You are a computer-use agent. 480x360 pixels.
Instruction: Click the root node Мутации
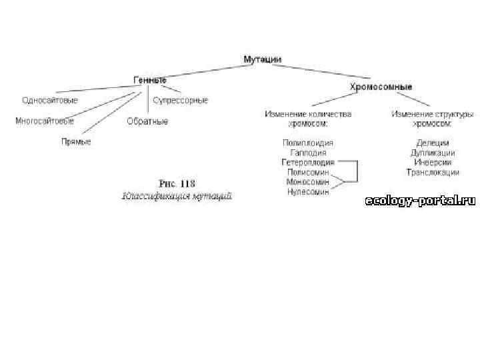pyautogui.click(x=262, y=59)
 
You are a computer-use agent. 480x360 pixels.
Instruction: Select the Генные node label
pyautogui.click(x=149, y=80)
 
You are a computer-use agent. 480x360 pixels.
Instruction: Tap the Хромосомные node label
pyautogui.click(x=381, y=87)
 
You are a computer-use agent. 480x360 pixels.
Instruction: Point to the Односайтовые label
pyautogui.click(x=49, y=101)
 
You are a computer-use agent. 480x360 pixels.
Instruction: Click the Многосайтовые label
pyautogui.click(x=45, y=121)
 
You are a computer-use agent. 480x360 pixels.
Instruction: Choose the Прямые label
pyautogui.click(x=76, y=142)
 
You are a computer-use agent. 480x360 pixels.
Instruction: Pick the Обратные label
pyautogui.click(x=147, y=122)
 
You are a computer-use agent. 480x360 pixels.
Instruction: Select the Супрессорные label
pyautogui.click(x=180, y=101)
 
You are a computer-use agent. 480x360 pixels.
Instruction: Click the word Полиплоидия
pyautogui.click(x=307, y=143)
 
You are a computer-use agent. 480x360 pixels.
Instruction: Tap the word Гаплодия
pyautogui.click(x=307, y=153)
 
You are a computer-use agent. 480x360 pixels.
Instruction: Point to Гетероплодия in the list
pyautogui.click(x=307, y=162)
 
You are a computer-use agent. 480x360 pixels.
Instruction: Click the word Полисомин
pyautogui.click(x=307, y=172)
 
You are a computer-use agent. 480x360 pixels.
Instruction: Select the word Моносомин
pyautogui.click(x=307, y=181)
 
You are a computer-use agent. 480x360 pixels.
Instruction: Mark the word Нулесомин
pyautogui.click(x=307, y=191)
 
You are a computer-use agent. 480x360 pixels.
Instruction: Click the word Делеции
pyautogui.click(x=433, y=143)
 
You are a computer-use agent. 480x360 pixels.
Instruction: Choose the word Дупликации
pyautogui.click(x=433, y=153)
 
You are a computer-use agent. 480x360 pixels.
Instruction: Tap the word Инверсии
pyautogui.click(x=433, y=162)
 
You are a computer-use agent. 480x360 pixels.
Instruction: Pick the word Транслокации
pyautogui.click(x=433, y=172)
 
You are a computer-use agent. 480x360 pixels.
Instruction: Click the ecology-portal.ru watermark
pyautogui.click(x=420, y=201)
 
